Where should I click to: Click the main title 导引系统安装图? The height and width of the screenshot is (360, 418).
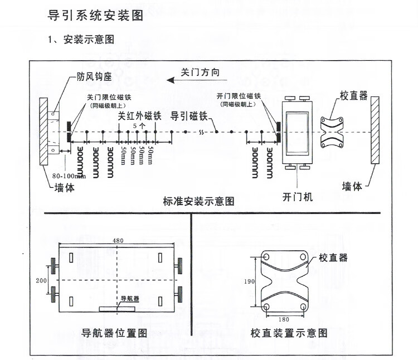[96, 16]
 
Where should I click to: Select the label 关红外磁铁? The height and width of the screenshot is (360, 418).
[139, 116]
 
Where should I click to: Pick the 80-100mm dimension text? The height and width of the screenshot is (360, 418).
[69, 176]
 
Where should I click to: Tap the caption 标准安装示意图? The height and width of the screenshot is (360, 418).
[198, 201]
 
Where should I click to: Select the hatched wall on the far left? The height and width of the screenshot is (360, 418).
[43, 132]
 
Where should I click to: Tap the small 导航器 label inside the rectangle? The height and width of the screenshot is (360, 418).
[129, 298]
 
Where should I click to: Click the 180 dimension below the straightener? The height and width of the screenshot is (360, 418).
[284, 319]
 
